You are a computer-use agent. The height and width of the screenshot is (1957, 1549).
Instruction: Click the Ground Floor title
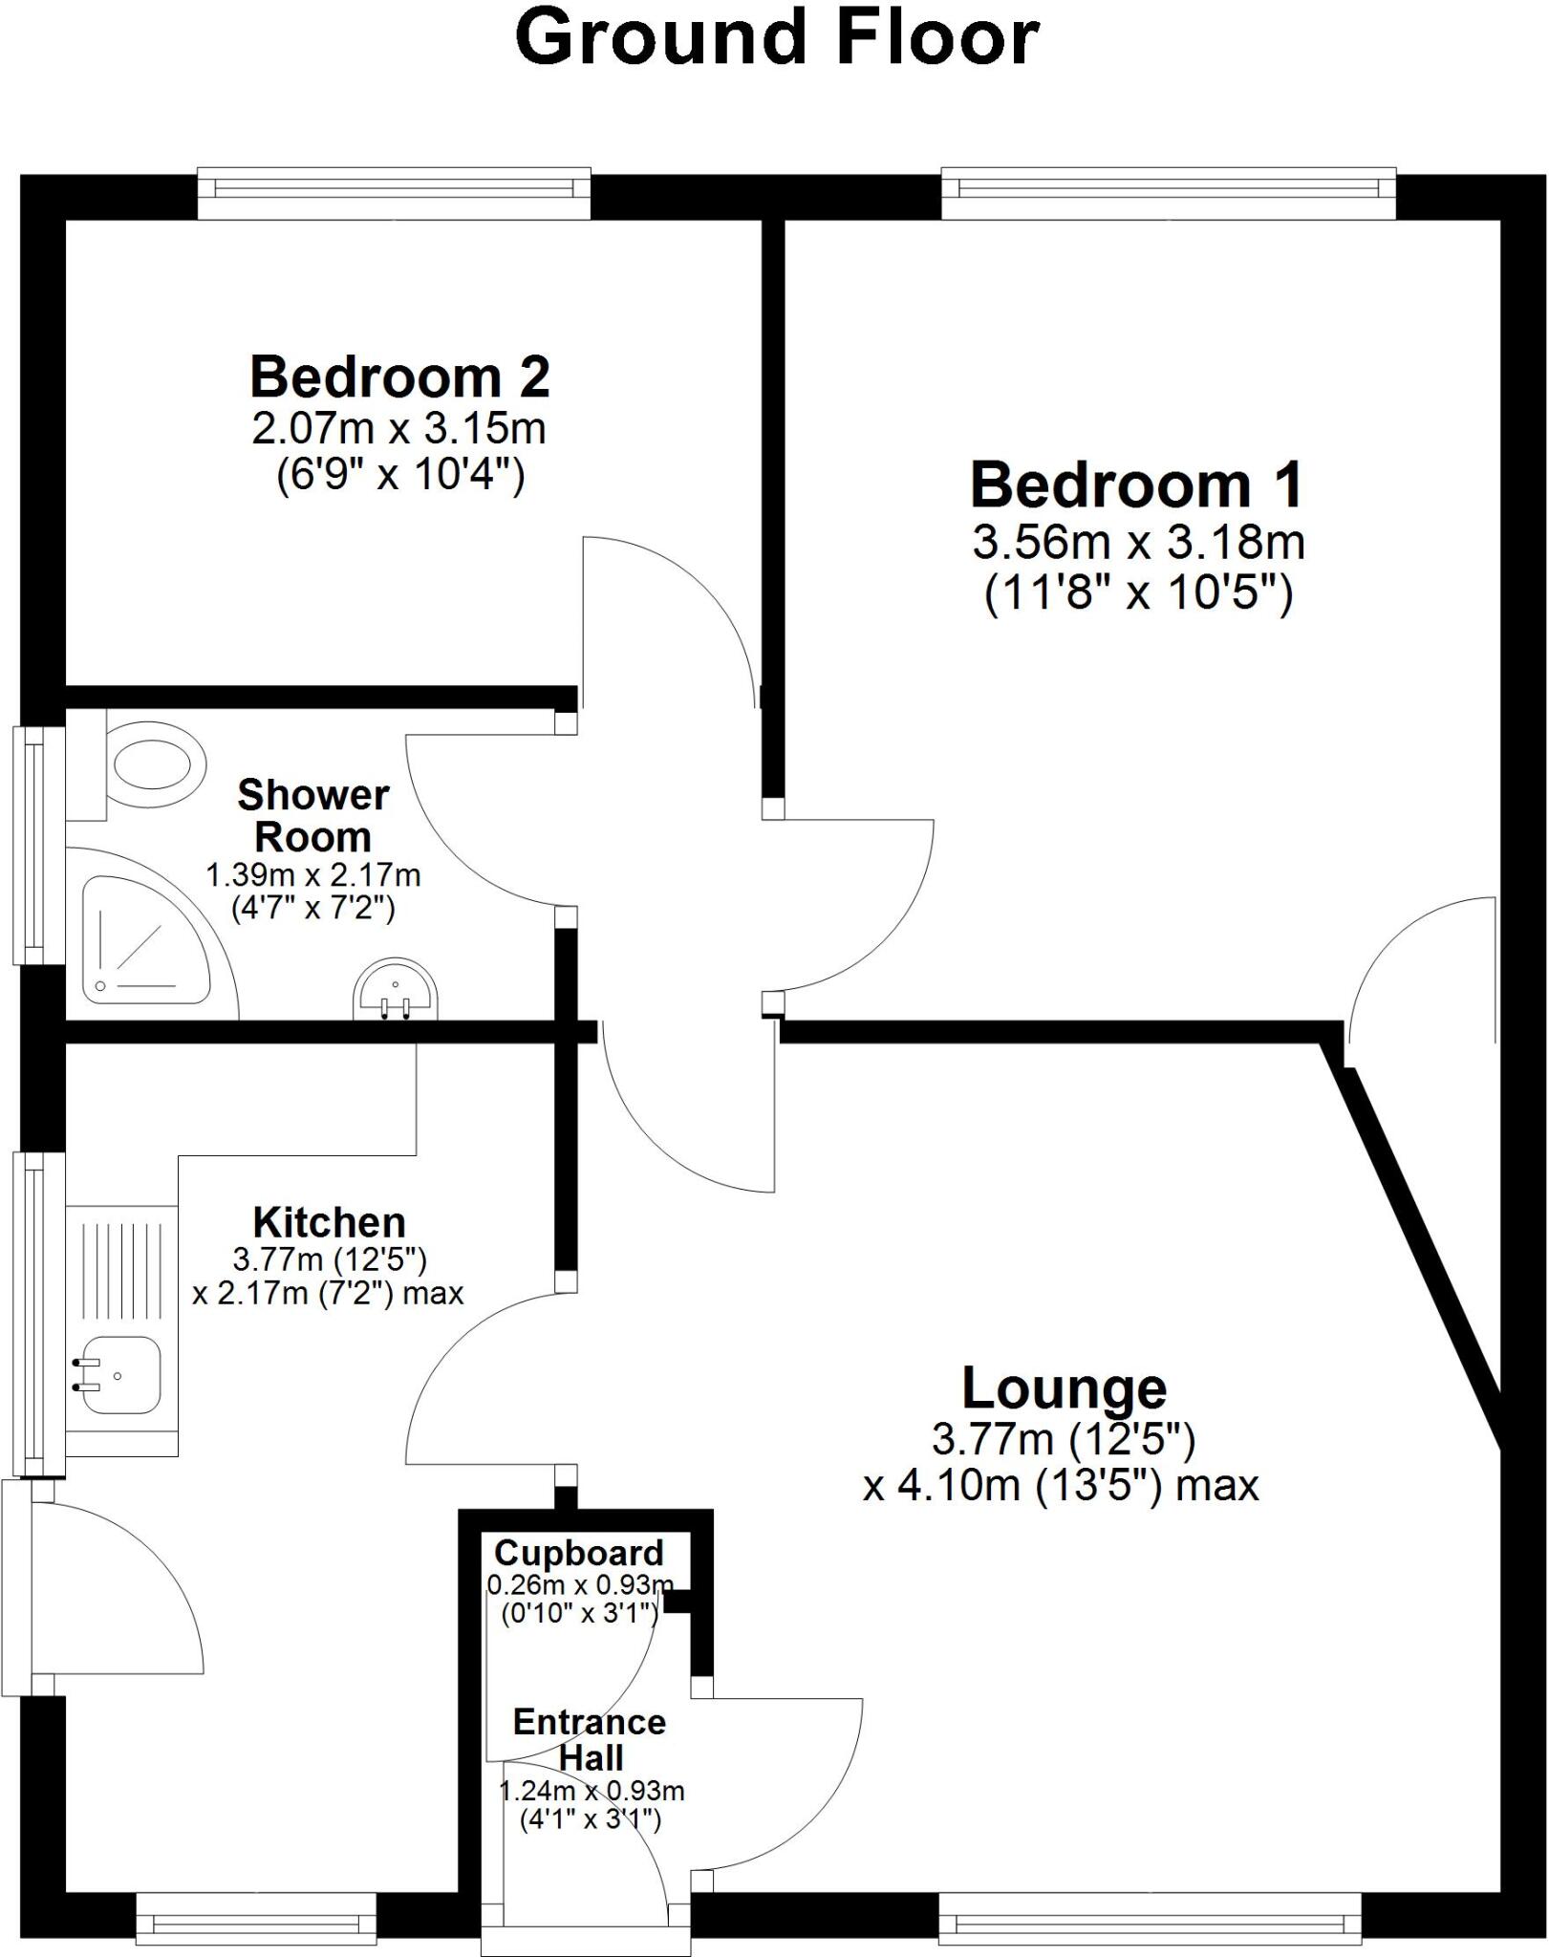tap(776, 38)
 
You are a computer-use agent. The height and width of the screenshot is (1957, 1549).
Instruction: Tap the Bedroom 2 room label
tap(399, 376)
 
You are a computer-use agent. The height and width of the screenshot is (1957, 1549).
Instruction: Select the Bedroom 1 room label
tap(1136, 484)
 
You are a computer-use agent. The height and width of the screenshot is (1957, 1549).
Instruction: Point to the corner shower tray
tap(143, 941)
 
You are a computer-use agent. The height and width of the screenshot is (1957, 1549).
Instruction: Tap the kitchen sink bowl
tap(119, 1374)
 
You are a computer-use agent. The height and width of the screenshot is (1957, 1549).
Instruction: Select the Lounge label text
tap(1064, 1387)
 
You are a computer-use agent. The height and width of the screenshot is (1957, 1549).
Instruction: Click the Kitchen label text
tap(329, 1222)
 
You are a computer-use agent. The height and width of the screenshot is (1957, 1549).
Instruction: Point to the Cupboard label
tap(579, 1553)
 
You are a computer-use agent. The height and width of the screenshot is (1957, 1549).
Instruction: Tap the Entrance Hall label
tap(590, 1739)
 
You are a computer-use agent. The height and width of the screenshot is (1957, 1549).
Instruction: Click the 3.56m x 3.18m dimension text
tap(1138, 543)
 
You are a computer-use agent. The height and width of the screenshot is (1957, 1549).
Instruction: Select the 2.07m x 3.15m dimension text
tap(398, 428)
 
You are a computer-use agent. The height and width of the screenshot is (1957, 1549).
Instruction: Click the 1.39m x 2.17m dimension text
tap(313, 874)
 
